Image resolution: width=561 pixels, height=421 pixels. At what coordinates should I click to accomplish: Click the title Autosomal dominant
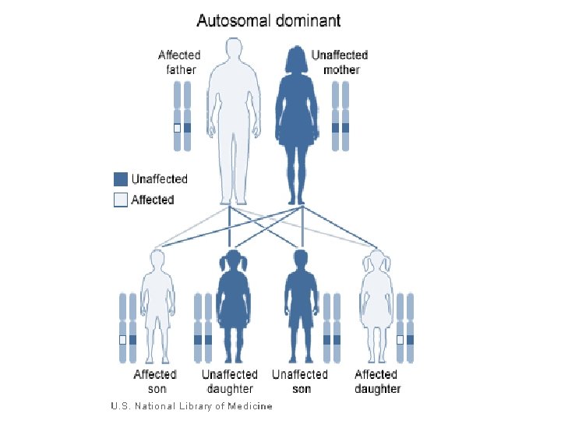coord(268,20)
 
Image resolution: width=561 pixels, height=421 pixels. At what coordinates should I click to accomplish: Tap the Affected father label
coord(179,62)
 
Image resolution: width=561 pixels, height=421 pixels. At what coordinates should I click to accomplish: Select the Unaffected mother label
coord(339,62)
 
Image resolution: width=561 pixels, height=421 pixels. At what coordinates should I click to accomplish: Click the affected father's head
coord(232,55)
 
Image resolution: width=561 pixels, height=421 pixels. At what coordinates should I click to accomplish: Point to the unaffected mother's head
coord(296,59)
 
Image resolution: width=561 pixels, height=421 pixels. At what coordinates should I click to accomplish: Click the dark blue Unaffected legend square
coord(120,179)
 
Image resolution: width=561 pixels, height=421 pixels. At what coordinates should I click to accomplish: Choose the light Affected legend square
coord(120,200)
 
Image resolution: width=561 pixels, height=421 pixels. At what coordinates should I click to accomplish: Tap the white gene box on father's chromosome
coord(177,128)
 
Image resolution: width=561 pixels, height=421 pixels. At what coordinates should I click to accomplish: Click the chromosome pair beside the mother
coord(340,117)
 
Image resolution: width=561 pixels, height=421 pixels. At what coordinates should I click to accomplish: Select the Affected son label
coord(155,381)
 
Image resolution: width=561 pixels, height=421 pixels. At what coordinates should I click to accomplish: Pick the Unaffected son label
coord(300,381)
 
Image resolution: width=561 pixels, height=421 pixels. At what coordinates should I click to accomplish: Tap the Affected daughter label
coord(377,381)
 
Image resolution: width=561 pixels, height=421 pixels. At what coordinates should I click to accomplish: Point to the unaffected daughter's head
coord(231,262)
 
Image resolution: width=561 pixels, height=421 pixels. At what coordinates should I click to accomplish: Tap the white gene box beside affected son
coord(122,340)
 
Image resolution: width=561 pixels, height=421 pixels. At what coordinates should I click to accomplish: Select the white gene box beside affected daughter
coord(400,340)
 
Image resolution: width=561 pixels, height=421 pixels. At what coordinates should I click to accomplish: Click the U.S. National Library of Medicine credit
coord(192,406)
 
